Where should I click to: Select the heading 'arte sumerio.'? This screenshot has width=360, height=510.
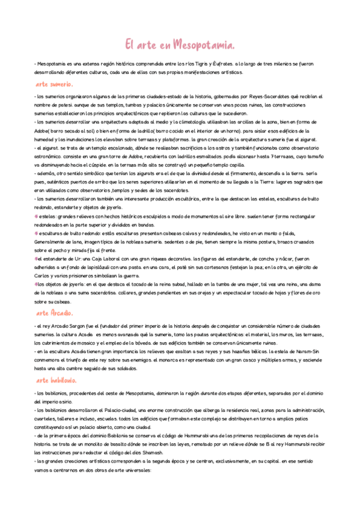pyautogui.click(x=54, y=84)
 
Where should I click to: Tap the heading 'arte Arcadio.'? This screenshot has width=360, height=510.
pyautogui.click(x=55, y=313)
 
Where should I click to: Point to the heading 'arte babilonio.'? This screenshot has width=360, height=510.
pyautogui.click(x=56, y=380)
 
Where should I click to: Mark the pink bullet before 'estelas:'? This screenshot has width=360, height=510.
pyautogui.click(x=36, y=215)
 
